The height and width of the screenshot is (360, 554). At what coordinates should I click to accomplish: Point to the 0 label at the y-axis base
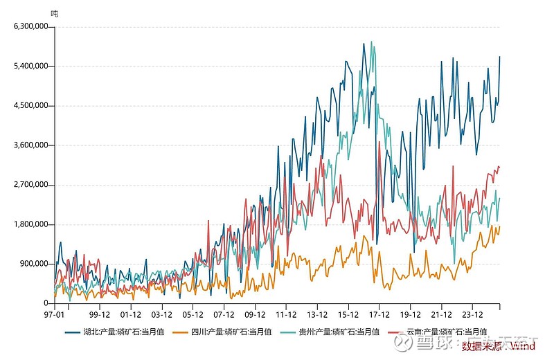click(x=46, y=303)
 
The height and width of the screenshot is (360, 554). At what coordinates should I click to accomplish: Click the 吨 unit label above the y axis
click(x=55, y=13)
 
